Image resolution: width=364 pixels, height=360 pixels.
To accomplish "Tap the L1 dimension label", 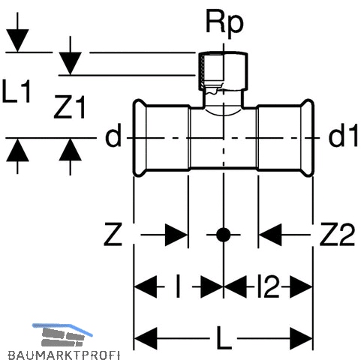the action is coord(17,91).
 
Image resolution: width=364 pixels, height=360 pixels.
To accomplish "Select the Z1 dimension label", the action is coord(70,106).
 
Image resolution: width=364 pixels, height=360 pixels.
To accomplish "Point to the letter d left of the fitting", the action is coord(113,135).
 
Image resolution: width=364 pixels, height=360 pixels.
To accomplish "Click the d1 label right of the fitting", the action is coord(342,135).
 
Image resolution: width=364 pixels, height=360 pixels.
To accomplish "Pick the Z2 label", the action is coord(337,235).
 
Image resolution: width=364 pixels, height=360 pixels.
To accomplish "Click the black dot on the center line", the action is coord(223,235).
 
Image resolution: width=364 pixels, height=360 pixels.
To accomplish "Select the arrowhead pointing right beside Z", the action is coord(176,235).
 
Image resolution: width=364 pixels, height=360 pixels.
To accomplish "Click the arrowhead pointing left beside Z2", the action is coord(270,235).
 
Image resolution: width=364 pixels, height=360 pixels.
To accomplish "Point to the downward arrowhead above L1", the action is coord(17,40).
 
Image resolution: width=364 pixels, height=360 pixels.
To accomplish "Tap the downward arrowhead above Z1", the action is coord(71,63).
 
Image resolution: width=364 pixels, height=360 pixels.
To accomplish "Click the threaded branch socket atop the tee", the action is coord(224,71).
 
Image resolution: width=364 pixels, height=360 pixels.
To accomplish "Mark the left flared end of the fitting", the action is coord(140,138).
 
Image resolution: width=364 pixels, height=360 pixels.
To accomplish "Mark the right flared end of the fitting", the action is coord(307,138).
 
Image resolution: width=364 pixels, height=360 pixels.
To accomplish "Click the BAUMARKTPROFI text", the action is coord(64,355).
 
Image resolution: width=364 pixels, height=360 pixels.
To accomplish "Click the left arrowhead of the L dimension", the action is coord(146,338).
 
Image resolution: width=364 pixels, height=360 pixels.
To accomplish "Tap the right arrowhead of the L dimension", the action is coord(302,338).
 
